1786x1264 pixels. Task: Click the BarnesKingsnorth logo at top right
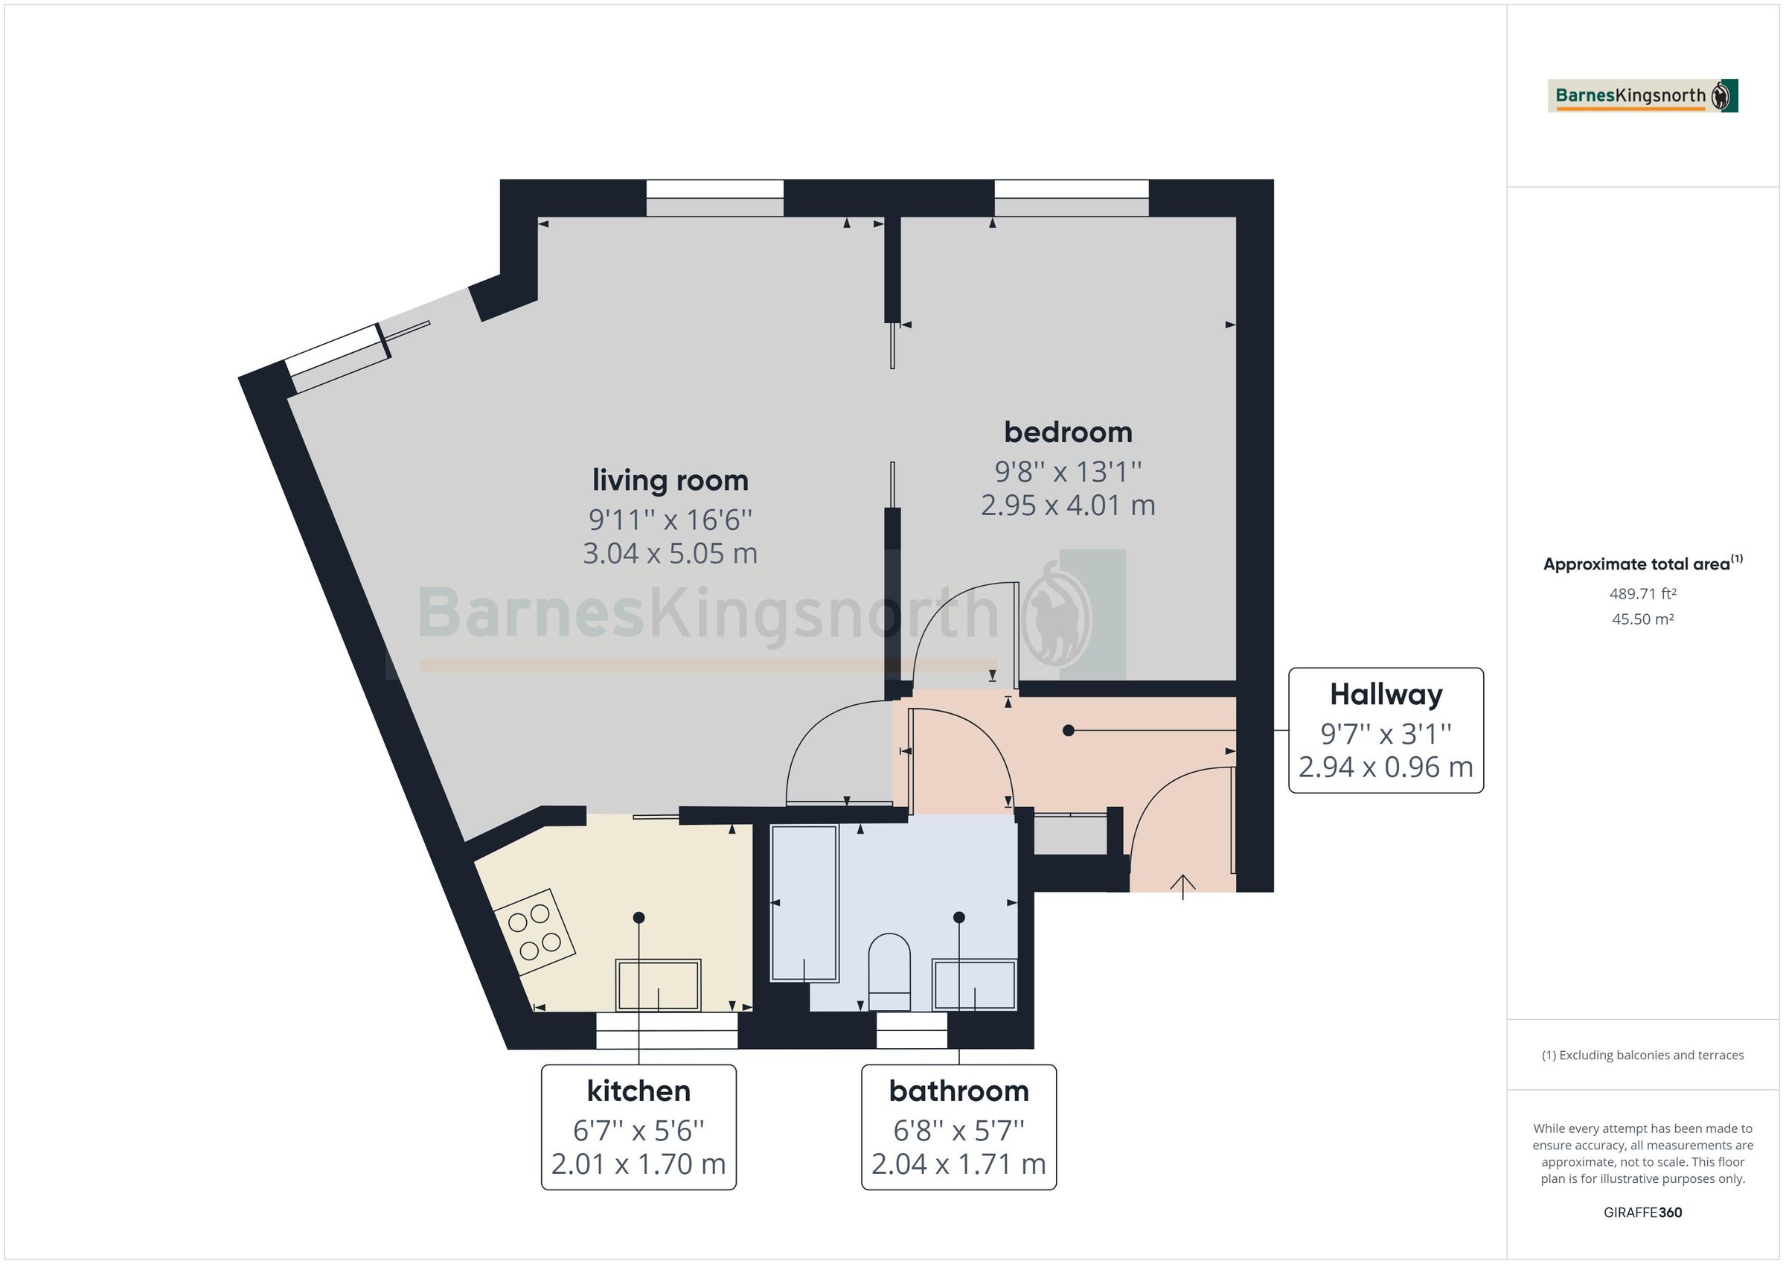coord(1642,96)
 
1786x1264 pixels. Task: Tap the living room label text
coord(670,479)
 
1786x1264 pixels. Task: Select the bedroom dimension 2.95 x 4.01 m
coord(1067,506)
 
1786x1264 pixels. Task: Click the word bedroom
coord(1067,432)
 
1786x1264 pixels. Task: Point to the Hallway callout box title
coord(1386,695)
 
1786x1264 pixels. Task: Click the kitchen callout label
coord(638,1091)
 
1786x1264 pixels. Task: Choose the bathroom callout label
coord(958,1091)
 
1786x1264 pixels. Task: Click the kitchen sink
coord(658,985)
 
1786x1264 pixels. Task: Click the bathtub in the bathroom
coord(804,903)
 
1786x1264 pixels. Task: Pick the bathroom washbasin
coord(974,985)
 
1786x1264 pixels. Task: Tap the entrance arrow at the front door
coord(1182,886)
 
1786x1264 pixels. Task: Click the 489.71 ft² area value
coord(1642,594)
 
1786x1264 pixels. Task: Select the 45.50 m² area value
coord(1642,619)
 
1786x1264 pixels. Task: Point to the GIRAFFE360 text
coord(1642,1213)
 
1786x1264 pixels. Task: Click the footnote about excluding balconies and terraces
coord(1642,1056)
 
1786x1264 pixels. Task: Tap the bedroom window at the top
coord(1071,199)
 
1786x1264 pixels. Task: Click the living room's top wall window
coord(714,199)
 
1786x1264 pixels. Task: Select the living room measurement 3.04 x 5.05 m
coord(670,553)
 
